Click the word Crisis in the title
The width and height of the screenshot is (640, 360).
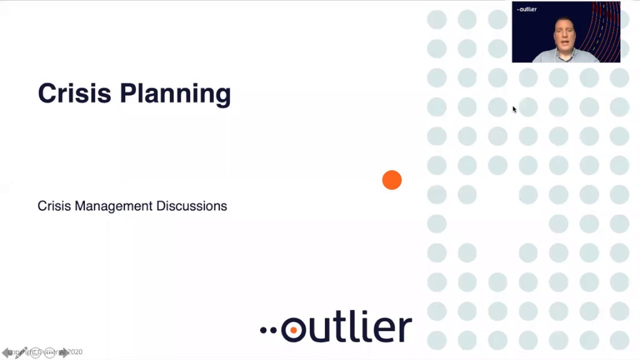pos(74,93)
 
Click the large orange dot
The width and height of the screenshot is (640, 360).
pos(392,180)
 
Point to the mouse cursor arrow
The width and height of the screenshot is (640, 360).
pos(514,109)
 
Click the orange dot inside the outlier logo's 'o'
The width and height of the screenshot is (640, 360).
pos(293,330)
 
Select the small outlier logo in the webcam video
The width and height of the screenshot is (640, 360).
pos(527,9)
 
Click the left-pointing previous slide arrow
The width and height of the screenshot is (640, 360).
pos(6,352)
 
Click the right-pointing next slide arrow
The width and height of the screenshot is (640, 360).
pos(64,352)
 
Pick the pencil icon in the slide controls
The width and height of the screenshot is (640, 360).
pos(21,352)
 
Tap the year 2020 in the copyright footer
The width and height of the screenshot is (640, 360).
pos(74,352)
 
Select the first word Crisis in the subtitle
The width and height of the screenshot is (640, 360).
pos(54,206)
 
